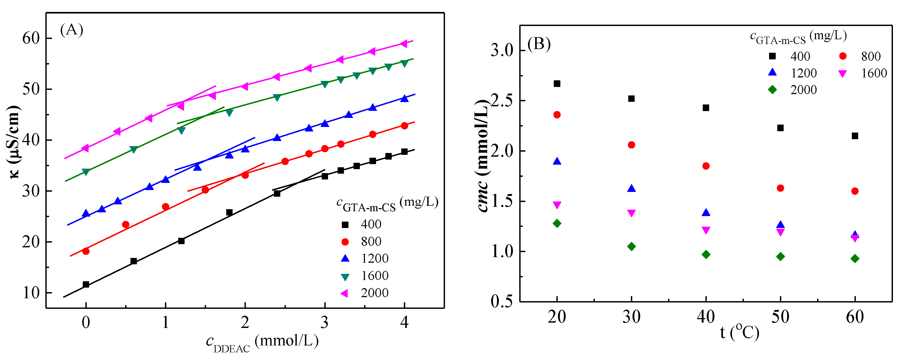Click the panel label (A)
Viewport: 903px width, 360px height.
[x=72, y=30]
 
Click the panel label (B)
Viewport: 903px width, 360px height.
[x=539, y=45]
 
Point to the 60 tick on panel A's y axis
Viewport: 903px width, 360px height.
[x=31, y=38]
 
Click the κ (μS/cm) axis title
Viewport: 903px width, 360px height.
[x=14, y=142]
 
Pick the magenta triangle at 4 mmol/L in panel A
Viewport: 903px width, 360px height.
[x=404, y=44]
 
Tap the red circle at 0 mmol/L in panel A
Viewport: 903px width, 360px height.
[x=86, y=251]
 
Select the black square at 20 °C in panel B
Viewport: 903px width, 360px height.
[x=557, y=84]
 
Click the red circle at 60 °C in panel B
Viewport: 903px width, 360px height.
[x=855, y=191]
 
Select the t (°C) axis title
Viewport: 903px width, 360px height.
[x=740, y=333]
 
